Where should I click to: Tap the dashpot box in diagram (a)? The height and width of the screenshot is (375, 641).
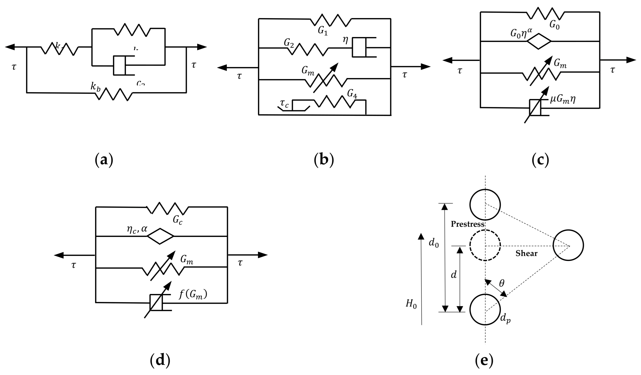tap(120, 65)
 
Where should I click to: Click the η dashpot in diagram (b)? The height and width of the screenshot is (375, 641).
tap(359, 47)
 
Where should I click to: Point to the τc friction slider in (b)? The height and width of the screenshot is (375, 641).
tap(294, 107)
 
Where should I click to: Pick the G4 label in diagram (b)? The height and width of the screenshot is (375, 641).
tap(352, 94)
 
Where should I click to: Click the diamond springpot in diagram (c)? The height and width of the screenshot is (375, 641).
tap(539, 41)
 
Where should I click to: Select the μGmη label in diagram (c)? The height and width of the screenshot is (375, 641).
tap(563, 99)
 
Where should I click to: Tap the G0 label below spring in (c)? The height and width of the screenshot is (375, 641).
tap(555, 25)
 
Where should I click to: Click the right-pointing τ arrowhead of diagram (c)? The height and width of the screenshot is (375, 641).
tap(631, 60)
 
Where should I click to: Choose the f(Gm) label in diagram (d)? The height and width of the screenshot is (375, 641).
tap(193, 295)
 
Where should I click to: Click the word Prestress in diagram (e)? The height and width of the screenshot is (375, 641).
tap(468, 224)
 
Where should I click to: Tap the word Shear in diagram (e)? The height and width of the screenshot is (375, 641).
tap(526, 254)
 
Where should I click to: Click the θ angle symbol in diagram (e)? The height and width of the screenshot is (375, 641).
tap(502, 283)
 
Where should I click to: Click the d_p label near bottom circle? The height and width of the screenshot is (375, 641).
tap(505, 319)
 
